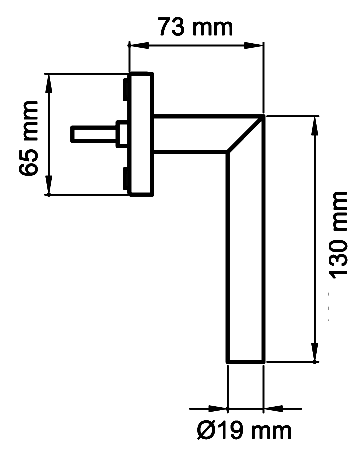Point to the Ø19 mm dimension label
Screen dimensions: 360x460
point(244,432)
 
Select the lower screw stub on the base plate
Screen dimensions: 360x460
point(125,178)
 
